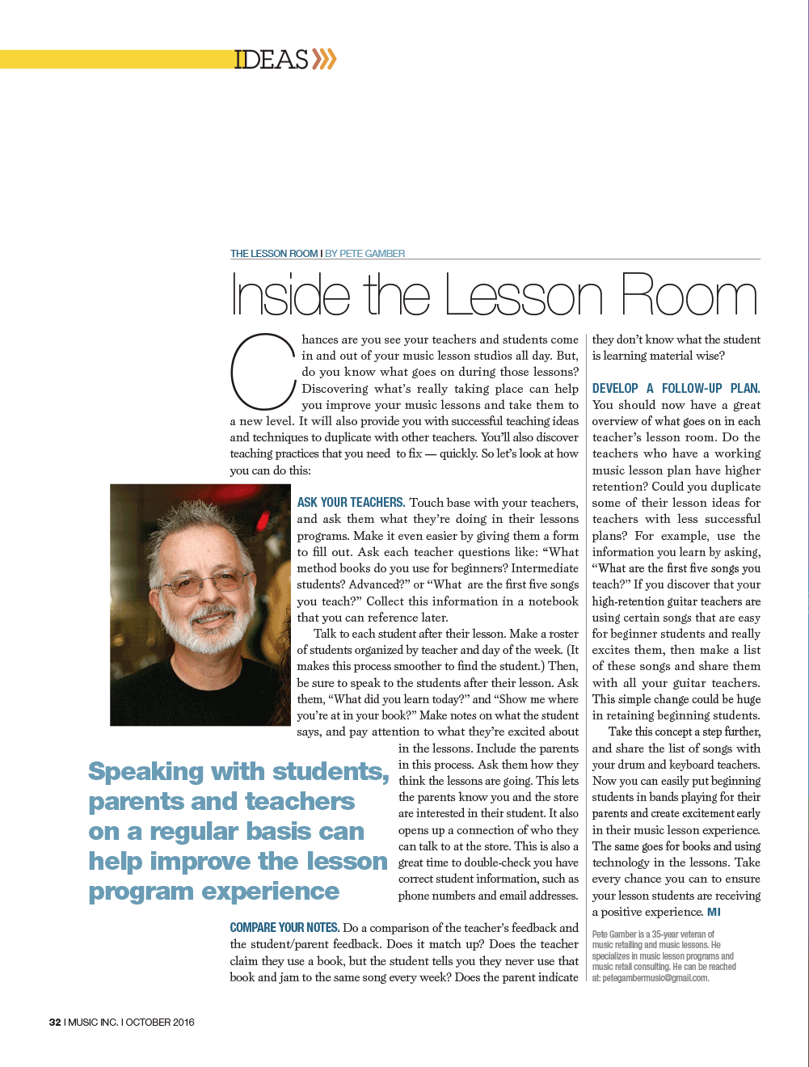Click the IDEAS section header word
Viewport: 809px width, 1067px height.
click(x=272, y=60)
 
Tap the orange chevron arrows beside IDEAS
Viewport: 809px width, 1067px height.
click(x=324, y=59)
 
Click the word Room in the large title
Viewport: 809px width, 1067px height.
click(x=689, y=296)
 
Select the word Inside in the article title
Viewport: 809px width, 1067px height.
click(x=290, y=296)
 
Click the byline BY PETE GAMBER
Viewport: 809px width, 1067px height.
click(x=364, y=254)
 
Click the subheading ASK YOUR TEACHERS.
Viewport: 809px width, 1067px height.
click(x=351, y=503)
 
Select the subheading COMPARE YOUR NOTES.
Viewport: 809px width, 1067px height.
click(x=284, y=928)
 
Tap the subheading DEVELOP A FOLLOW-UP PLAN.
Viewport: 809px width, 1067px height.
click(x=676, y=389)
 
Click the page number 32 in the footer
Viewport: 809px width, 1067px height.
click(x=55, y=1022)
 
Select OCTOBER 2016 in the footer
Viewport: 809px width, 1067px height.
click(x=160, y=1022)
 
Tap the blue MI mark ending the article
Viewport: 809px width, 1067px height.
click(x=714, y=912)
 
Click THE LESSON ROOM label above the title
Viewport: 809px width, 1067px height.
click(x=274, y=254)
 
